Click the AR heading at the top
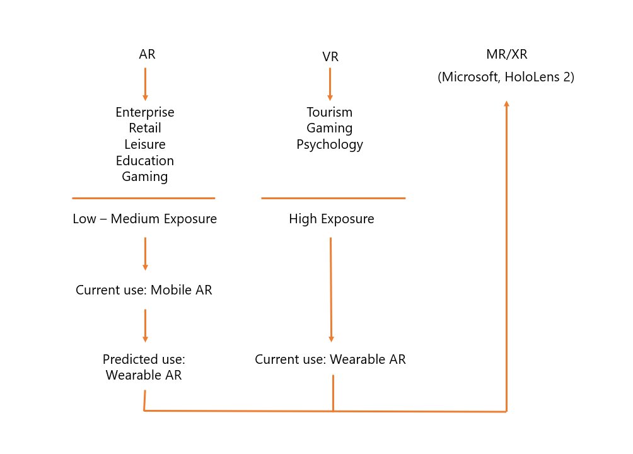click(x=147, y=54)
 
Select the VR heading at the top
click(x=330, y=57)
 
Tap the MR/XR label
click(x=506, y=54)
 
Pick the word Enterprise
click(x=145, y=112)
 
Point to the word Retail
click(x=145, y=128)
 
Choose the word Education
click(x=145, y=161)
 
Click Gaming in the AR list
click(x=145, y=177)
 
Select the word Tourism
click(x=330, y=112)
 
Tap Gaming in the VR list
click(x=330, y=128)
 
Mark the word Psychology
click(x=330, y=144)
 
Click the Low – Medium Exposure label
click(x=145, y=219)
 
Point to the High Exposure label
click(x=332, y=219)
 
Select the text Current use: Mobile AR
click(x=144, y=291)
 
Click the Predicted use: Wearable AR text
click(x=144, y=367)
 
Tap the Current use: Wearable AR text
click(x=330, y=359)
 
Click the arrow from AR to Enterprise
click(x=145, y=84)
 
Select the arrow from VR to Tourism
click(x=330, y=84)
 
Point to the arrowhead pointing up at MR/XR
click(x=506, y=103)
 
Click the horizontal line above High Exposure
click(x=333, y=198)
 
